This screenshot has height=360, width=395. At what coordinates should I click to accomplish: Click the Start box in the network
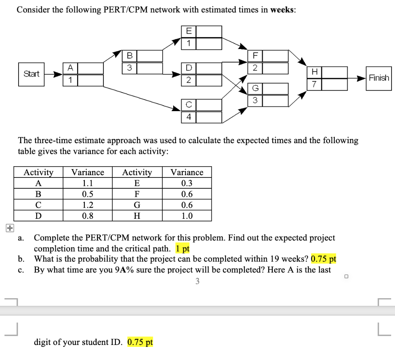pos(32,74)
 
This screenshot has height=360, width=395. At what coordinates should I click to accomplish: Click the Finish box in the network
pos(378,78)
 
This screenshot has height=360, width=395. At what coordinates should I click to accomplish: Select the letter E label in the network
pos(188,31)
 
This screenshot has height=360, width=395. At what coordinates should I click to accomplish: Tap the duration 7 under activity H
pos(315,85)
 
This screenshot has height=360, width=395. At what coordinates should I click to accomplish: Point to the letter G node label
pos(254,89)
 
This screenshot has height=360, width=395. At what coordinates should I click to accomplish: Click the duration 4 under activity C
pos(189,117)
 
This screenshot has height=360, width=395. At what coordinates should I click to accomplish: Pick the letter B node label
pos(130,56)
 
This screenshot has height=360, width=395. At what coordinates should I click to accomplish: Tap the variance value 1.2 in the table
pos(88,205)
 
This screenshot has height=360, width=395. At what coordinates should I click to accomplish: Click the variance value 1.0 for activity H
pos(187,216)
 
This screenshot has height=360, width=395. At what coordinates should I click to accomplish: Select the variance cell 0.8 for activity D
pos(88,216)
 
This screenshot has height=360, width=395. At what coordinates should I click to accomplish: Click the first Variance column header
pos(88,172)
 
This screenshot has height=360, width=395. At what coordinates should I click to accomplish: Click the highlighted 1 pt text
pos(182,248)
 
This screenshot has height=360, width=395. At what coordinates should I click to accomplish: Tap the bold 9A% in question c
pos(124,270)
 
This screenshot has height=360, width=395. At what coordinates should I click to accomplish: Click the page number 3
pos(197,282)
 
